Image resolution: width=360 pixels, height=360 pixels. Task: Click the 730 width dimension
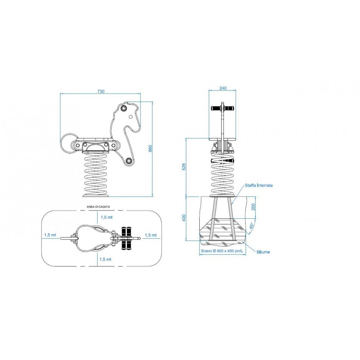101,91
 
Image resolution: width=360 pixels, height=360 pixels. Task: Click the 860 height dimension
150,148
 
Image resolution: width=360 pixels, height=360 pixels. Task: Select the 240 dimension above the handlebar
223,88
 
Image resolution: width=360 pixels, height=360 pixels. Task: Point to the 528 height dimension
184,167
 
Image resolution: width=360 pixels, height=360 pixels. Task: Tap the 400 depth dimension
184,218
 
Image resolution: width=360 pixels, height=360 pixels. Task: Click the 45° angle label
251,226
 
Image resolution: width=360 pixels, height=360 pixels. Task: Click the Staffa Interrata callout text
258,185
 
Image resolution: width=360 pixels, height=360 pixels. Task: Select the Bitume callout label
263,252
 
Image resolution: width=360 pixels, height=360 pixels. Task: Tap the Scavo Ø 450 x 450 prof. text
222,251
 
